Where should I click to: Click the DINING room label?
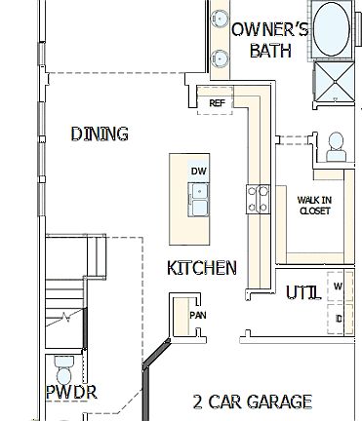pos(100,134)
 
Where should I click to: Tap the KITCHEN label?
pos(201,267)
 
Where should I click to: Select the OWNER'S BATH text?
pos(269,40)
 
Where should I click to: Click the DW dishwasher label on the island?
pos(199,172)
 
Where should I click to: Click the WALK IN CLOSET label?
pos(314,206)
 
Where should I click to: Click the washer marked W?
pos(338,287)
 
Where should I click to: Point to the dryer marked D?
pos(339,318)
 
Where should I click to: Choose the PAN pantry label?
pos(198,316)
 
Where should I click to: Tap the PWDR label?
pos(70,393)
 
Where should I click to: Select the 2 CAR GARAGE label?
pos(252,401)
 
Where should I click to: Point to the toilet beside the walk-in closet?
pos(336,146)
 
